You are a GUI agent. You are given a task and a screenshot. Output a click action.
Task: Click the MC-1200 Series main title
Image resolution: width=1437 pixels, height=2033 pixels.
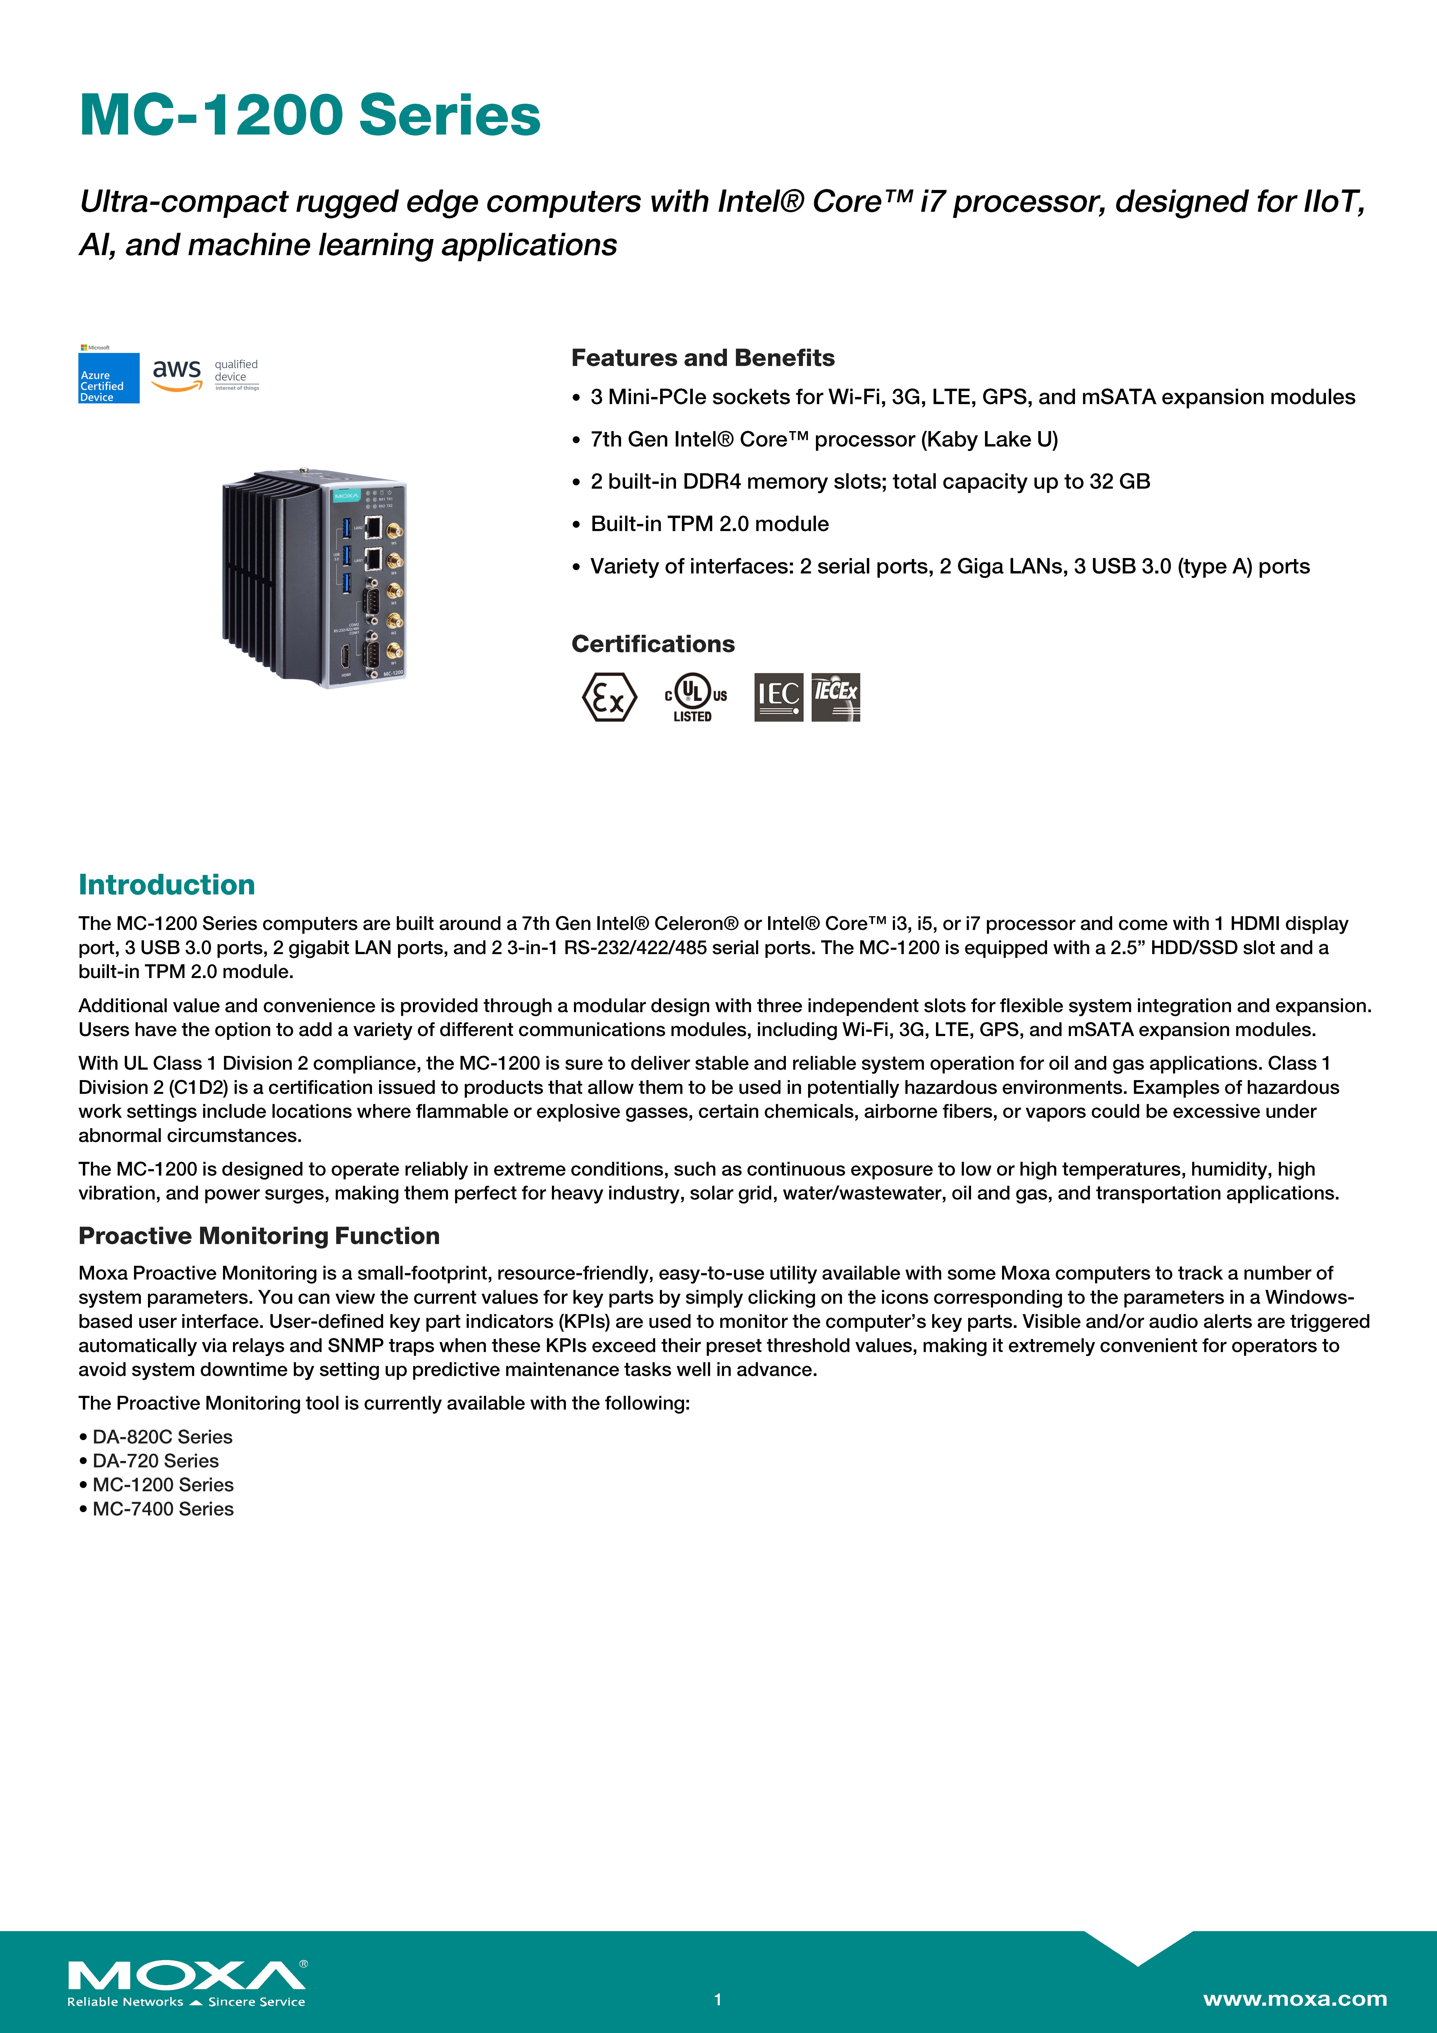[x=310, y=115]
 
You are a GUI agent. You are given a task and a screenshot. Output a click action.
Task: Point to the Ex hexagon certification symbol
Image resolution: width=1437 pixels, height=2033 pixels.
[x=609, y=697]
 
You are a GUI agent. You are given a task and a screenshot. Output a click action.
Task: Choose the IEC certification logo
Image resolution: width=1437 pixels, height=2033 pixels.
[x=778, y=697]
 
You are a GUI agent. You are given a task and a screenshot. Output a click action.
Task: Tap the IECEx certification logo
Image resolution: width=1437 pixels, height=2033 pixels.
[x=836, y=697]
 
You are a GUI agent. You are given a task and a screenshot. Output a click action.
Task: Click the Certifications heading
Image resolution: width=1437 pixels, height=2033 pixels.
[x=653, y=644]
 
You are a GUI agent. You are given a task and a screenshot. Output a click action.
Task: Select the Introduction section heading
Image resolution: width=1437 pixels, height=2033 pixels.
[x=166, y=885]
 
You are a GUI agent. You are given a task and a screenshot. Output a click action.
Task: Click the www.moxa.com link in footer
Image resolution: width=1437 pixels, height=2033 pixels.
[x=1294, y=1998]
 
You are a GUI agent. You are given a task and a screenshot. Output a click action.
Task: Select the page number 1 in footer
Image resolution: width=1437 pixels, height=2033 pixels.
[x=718, y=1999]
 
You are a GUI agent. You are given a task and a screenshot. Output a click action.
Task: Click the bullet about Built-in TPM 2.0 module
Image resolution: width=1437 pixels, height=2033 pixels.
[x=709, y=524]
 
